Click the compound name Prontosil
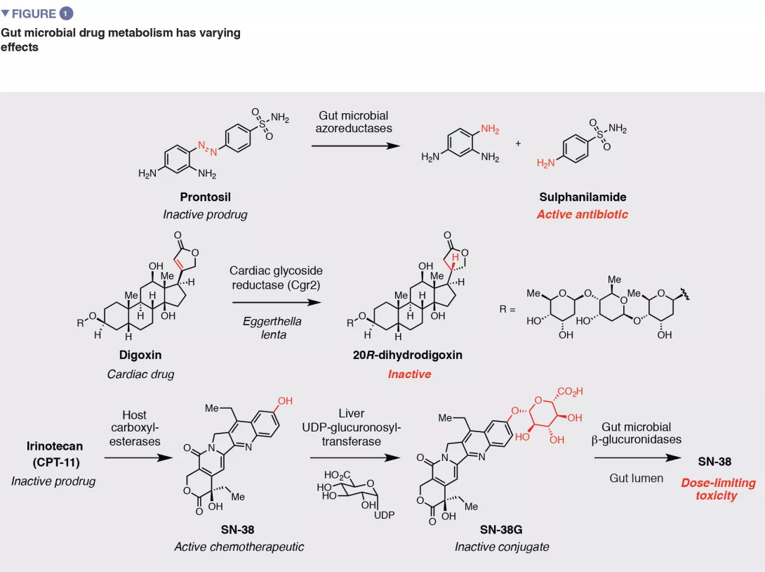click(x=205, y=197)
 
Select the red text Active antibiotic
click(x=582, y=214)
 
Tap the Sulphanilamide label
click(x=582, y=197)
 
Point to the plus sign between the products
click(x=519, y=143)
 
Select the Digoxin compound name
click(x=138, y=356)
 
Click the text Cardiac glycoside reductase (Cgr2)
click(x=270, y=277)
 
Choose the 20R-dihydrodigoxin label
click(x=408, y=356)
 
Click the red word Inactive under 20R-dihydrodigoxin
click(x=409, y=374)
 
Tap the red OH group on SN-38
click(x=285, y=401)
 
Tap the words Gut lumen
click(x=636, y=478)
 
